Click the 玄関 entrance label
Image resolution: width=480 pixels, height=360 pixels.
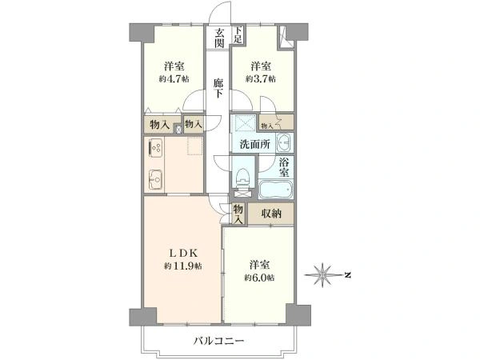tap(219, 38)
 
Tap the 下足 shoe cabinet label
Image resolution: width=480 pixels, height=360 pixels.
tap(238, 34)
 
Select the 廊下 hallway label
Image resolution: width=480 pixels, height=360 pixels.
tap(218, 88)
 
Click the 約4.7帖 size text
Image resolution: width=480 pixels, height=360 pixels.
tap(174, 79)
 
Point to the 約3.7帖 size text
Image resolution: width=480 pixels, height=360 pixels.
tap(261, 79)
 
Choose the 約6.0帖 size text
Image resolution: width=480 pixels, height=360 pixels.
tap(259, 278)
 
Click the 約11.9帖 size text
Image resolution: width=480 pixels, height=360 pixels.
tap(182, 266)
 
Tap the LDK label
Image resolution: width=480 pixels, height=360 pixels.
tap(182, 253)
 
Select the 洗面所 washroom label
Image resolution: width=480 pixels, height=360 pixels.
tap(254, 144)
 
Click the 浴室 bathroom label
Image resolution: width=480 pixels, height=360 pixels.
tap(284, 167)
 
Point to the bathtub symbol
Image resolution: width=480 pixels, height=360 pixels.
tap(276, 190)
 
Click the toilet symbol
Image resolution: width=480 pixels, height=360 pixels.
tap(244, 178)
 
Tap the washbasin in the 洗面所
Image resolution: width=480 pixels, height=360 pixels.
tap(285, 143)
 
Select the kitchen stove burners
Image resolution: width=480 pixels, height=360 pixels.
tap(156, 147)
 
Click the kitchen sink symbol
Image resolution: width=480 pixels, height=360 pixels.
tap(156, 178)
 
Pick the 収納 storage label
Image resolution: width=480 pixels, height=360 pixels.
tap(271, 213)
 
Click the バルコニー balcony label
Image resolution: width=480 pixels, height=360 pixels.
tap(218, 341)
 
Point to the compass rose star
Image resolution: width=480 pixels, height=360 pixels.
tap(322, 275)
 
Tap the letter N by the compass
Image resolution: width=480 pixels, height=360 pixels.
tap(347, 275)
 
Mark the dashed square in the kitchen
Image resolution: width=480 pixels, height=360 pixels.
tap(195, 146)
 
